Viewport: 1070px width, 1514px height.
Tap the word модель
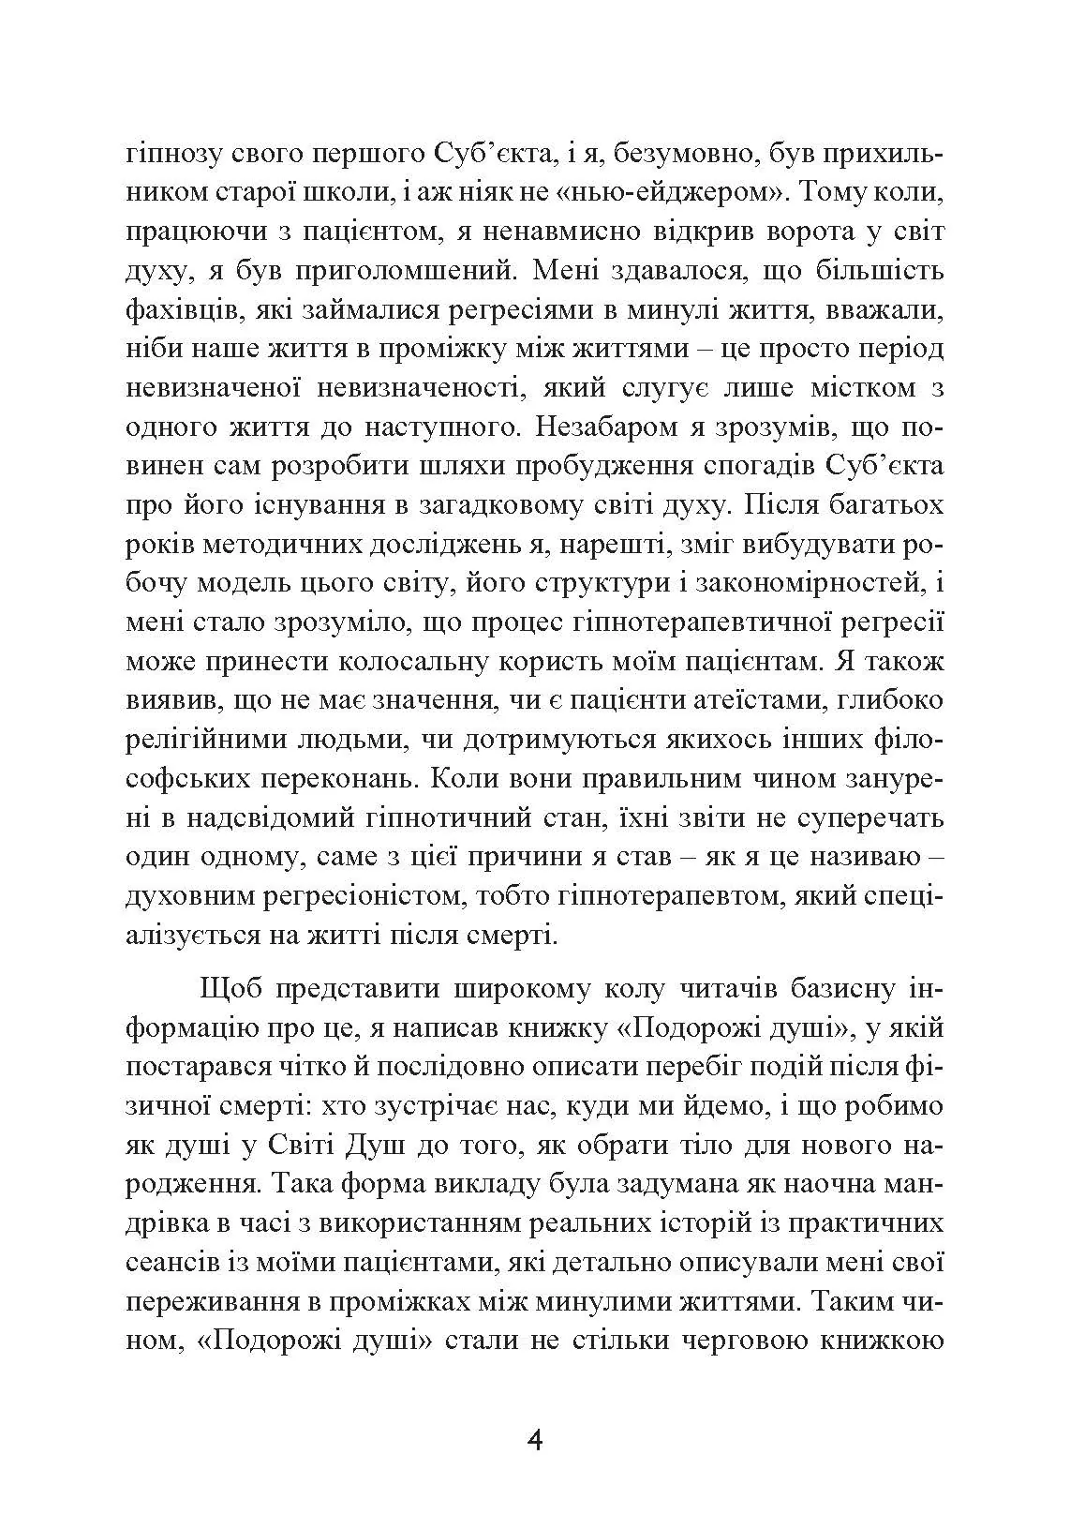(x=248, y=583)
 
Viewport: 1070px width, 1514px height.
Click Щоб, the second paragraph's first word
(x=230, y=989)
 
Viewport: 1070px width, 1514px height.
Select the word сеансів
(x=172, y=1263)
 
